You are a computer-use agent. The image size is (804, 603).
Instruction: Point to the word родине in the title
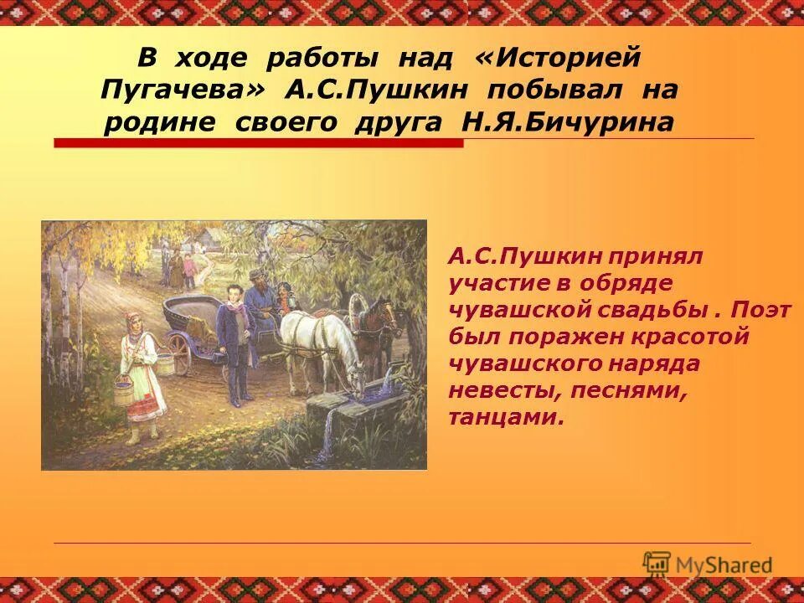[157, 121]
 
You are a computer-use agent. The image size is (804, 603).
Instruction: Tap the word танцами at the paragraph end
[505, 417]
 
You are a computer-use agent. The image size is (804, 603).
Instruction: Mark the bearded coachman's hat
[258, 275]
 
